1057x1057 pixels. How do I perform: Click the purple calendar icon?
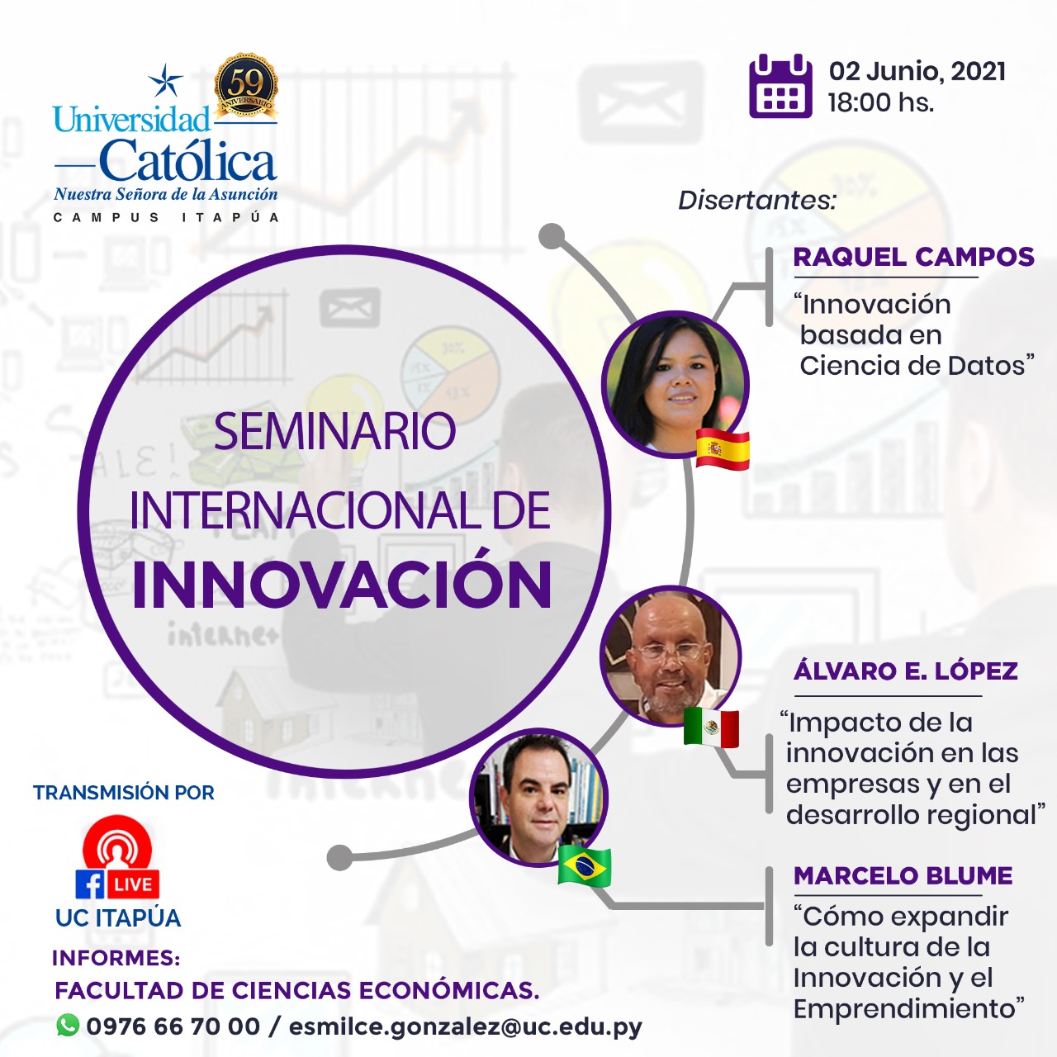[x=780, y=86]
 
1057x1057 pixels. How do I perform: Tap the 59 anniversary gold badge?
[x=245, y=85]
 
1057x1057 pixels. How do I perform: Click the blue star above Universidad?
[x=165, y=79]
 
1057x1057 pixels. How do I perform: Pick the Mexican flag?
[x=711, y=728]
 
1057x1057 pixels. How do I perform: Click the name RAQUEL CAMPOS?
[x=914, y=258]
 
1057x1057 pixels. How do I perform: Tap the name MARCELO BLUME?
[x=903, y=876]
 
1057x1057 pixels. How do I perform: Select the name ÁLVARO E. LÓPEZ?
[x=906, y=671]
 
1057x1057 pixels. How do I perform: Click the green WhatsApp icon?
[x=68, y=1025]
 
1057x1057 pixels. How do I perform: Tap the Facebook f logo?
[x=90, y=884]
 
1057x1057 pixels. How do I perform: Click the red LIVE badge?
[x=133, y=884]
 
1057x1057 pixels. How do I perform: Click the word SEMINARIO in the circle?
[x=334, y=431]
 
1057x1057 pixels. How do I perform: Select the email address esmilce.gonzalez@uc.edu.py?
[x=465, y=1026]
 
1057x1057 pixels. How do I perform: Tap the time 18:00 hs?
[x=881, y=102]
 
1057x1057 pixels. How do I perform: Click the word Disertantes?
[x=757, y=200]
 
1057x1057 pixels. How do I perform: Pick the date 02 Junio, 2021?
[x=917, y=71]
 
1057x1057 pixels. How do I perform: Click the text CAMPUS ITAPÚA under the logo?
[x=166, y=217]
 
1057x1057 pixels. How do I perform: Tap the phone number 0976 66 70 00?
[x=173, y=1026]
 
